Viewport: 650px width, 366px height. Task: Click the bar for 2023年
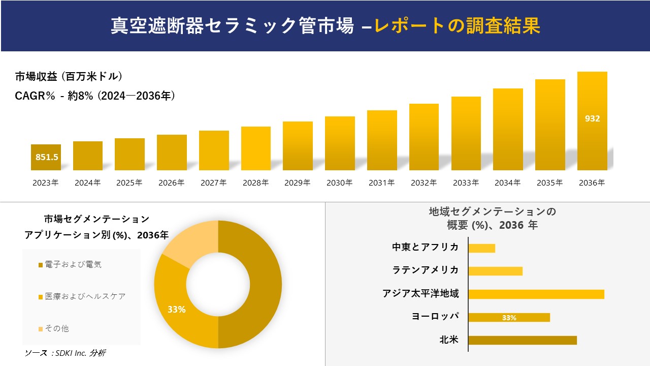46,157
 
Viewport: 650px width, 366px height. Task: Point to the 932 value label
592,118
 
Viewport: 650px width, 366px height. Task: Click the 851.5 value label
47,157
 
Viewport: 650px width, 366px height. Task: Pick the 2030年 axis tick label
340,183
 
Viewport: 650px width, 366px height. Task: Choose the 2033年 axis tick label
466,183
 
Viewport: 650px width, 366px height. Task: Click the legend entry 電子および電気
73,264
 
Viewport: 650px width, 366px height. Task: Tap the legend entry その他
56,328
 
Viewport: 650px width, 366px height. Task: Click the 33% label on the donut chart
177,309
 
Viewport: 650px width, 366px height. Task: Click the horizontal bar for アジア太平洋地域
536,294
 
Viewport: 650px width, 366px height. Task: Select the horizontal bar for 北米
523,340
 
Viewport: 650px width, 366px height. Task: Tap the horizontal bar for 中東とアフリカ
481,248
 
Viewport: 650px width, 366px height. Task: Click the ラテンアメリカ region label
426,270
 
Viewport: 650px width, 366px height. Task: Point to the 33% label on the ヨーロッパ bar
509,318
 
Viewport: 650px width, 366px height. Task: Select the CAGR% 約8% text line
95,96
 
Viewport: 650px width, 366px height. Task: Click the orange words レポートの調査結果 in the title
457,26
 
